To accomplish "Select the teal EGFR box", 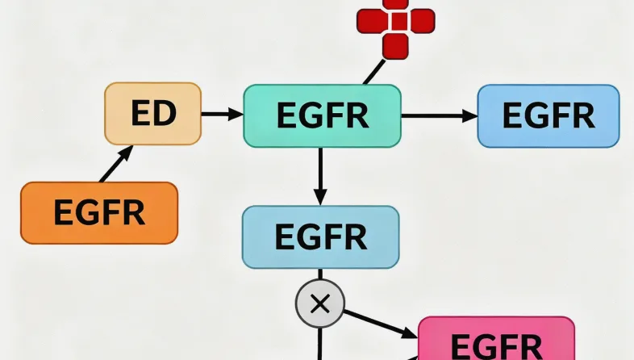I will tap(322, 116).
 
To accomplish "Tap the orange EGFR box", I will tap(98, 213).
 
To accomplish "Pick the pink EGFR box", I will tap(496, 340).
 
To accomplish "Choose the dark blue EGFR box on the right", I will tap(548, 115).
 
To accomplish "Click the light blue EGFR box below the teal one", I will tap(320, 237).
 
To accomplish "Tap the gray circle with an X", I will tap(320, 304).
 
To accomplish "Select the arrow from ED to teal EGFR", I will tap(221, 115).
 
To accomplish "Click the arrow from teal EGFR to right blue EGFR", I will tap(439, 116).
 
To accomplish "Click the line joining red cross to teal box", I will tap(373, 73).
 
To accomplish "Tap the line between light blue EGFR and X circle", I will tap(320, 276).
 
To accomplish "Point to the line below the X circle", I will tap(320, 342).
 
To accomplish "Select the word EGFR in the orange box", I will tap(98, 213).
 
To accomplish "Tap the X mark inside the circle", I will tap(320, 304).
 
